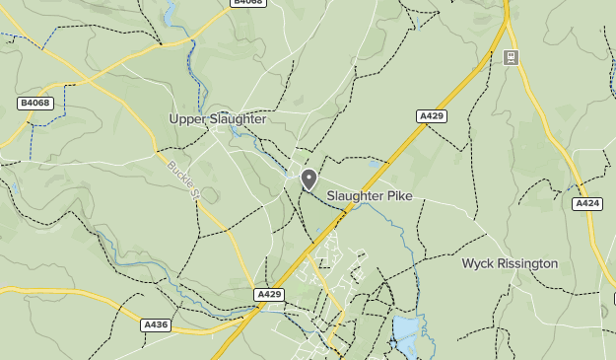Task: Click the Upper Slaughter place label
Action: [218, 119]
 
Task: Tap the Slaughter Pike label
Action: [370, 196]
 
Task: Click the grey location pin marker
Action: [308, 179]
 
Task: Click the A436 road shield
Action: [156, 324]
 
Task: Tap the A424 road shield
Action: [587, 203]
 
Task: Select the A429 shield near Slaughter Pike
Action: [432, 116]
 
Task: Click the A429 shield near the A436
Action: [269, 294]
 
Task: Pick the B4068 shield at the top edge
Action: [247, 3]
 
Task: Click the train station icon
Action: [511, 58]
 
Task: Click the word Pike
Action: [399, 196]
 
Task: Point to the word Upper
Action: [186, 119]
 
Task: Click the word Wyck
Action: [477, 263]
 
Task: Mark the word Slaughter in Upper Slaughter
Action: [236, 119]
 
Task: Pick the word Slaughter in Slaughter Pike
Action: [356, 196]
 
